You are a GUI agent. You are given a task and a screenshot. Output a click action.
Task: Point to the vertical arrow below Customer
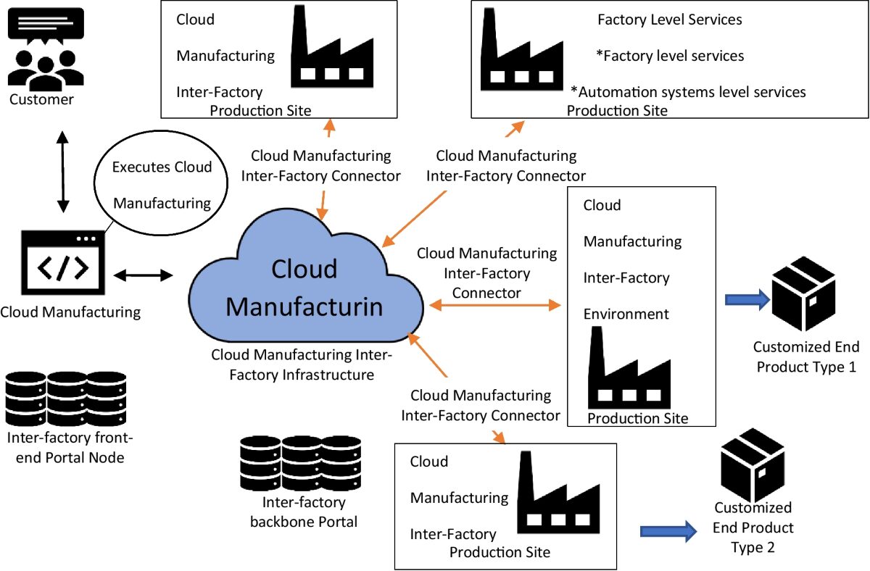(x=63, y=172)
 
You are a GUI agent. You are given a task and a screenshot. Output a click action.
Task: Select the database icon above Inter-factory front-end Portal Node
(x=65, y=399)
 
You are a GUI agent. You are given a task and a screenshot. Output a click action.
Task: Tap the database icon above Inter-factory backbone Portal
(x=300, y=462)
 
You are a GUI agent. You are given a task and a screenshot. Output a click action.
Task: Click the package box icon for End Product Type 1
(x=803, y=299)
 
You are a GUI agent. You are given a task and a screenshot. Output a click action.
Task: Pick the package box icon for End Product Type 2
(x=753, y=463)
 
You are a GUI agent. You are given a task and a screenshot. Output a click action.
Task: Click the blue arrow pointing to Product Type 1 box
(x=747, y=299)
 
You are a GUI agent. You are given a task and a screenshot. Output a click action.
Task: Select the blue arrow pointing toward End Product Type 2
(x=668, y=532)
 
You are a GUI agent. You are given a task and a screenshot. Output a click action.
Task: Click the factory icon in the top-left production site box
(x=327, y=54)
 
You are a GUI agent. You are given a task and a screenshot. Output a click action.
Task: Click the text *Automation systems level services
(x=688, y=92)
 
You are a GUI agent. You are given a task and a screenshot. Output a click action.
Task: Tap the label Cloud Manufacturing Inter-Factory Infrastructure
(x=302, y=365)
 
